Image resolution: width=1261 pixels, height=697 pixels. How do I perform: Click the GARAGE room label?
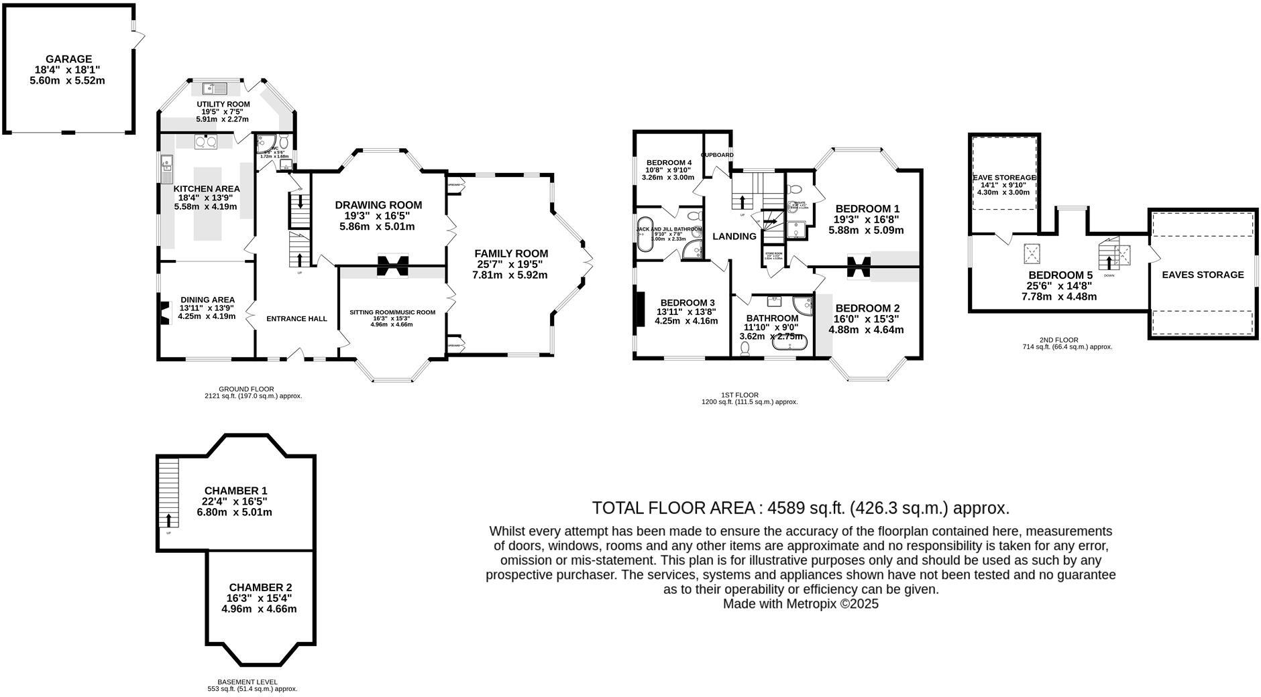tap(68, 59)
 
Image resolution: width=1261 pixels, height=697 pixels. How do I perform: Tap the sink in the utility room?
tap(213, 88)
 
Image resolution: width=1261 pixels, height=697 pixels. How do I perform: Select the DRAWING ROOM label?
tap(378, 205)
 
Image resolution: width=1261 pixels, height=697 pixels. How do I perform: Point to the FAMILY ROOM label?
tap(511, 253)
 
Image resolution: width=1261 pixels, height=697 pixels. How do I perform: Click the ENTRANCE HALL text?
tap(296, 318)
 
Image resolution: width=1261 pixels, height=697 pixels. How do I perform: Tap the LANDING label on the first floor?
tap(734, 236)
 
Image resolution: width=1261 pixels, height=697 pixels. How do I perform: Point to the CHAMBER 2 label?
tap(260, 587)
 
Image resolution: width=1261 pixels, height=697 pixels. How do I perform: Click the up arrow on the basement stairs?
tap(168, 519)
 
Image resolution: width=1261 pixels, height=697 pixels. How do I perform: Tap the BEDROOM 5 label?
tap(1060, 275)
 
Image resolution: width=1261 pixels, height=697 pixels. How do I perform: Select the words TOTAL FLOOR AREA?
tap(673, 507)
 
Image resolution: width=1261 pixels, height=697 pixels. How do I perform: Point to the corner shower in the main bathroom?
tap(803, 304)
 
